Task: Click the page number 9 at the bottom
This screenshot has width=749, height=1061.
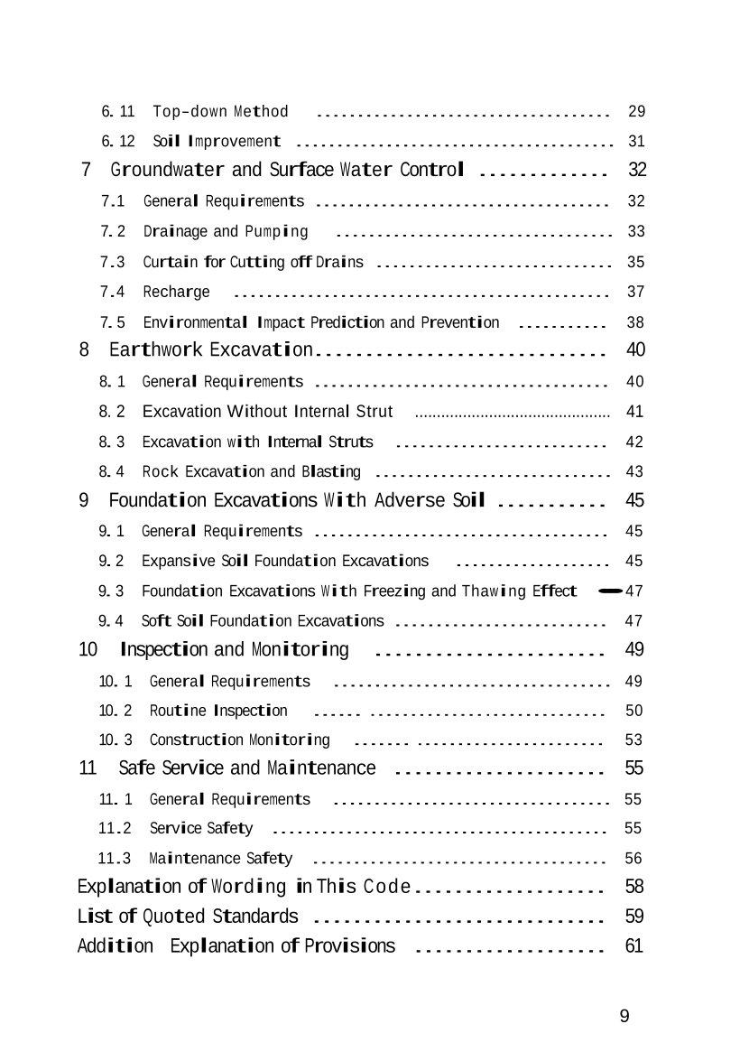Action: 624,1017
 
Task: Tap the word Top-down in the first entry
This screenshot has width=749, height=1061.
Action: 190,112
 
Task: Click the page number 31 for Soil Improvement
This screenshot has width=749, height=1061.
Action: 636,142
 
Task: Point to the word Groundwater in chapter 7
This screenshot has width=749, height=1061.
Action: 168,170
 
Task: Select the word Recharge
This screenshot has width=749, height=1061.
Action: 176,292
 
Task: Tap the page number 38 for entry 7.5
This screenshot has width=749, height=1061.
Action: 636,322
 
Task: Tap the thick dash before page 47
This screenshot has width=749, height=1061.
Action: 610,591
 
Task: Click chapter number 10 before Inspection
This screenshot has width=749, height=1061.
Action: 88,649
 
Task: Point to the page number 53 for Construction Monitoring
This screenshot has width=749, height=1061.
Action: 633,740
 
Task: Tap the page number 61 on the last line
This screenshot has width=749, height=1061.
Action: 633,946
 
